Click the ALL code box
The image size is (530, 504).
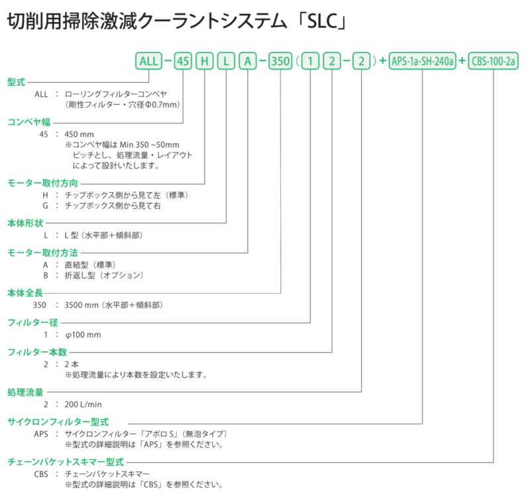[x=148, y=61]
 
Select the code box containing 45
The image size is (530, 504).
[x=183, y=61]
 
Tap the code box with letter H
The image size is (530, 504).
[x=205, y=61]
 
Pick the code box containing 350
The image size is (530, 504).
[x=280, y=61]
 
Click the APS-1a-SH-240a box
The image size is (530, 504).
[x=422, y=61]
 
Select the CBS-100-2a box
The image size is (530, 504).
[x=493, y=61]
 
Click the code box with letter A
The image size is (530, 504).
[x=248, y=61]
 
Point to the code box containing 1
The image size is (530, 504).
[x=310, y=61]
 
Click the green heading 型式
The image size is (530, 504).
[x=16, y=82]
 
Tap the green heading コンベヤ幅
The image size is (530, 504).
[x=28, y=122]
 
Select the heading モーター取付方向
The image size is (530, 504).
[x=42, y=183]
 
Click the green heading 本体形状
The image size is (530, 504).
[x=25, y=223]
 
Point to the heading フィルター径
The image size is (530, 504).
[x=32, y=322]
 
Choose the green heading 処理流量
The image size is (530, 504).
[x=25, y=392]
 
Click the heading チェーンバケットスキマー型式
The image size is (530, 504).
[x=66, y=462]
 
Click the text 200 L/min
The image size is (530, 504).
[x=83, y=405]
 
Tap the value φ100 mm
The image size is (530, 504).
[x=83, y=335]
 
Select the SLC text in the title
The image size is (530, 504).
[x=323, y=22]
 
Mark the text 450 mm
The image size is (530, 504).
[x=79, y=134]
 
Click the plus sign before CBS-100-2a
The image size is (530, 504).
[x=462, y=61]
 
